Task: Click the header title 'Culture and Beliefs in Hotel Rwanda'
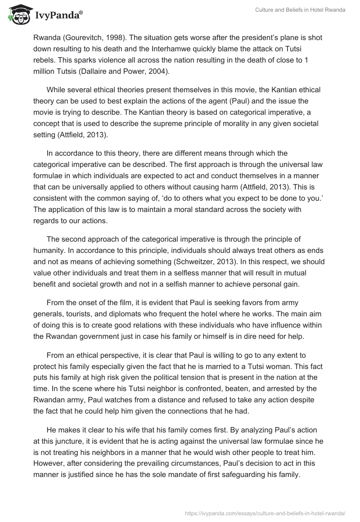pyautogui.click(x=300, y=10)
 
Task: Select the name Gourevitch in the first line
pyautogui.click(x=83, y=37)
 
